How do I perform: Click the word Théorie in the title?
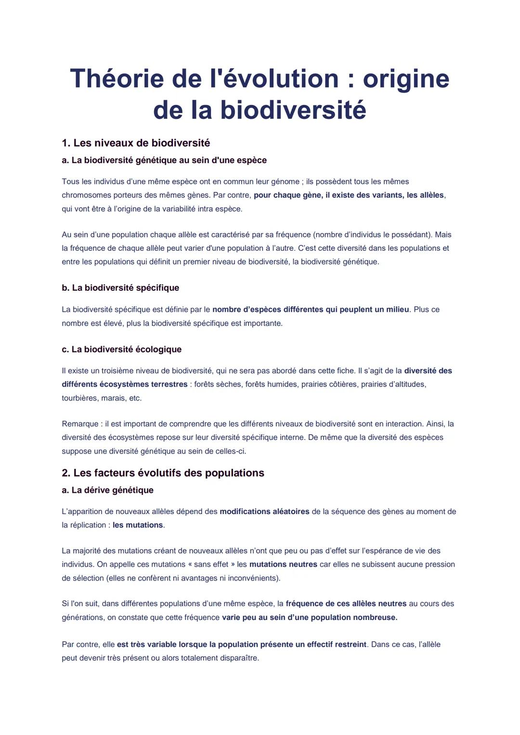117,78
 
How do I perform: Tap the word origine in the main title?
406,78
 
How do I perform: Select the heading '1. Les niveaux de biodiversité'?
136,143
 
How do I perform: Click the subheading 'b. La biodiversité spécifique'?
120,288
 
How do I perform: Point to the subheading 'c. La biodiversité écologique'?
121,349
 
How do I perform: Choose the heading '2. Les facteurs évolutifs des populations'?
163,473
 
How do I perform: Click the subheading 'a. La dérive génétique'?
107,490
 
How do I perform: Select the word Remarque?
80,424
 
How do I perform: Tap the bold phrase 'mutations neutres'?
283,564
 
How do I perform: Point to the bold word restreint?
347,644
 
